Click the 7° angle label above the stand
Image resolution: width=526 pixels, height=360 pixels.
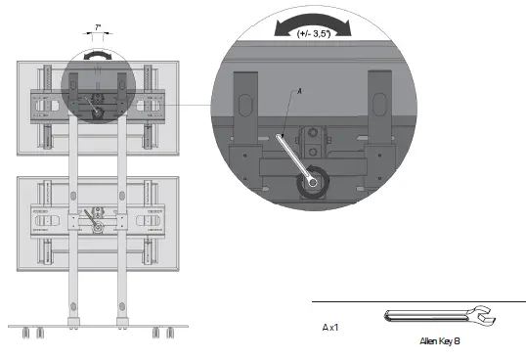click(98, 30)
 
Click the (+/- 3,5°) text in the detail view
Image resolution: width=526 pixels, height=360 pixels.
click(318, 33)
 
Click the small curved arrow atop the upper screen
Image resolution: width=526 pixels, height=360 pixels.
click(97, 56)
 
